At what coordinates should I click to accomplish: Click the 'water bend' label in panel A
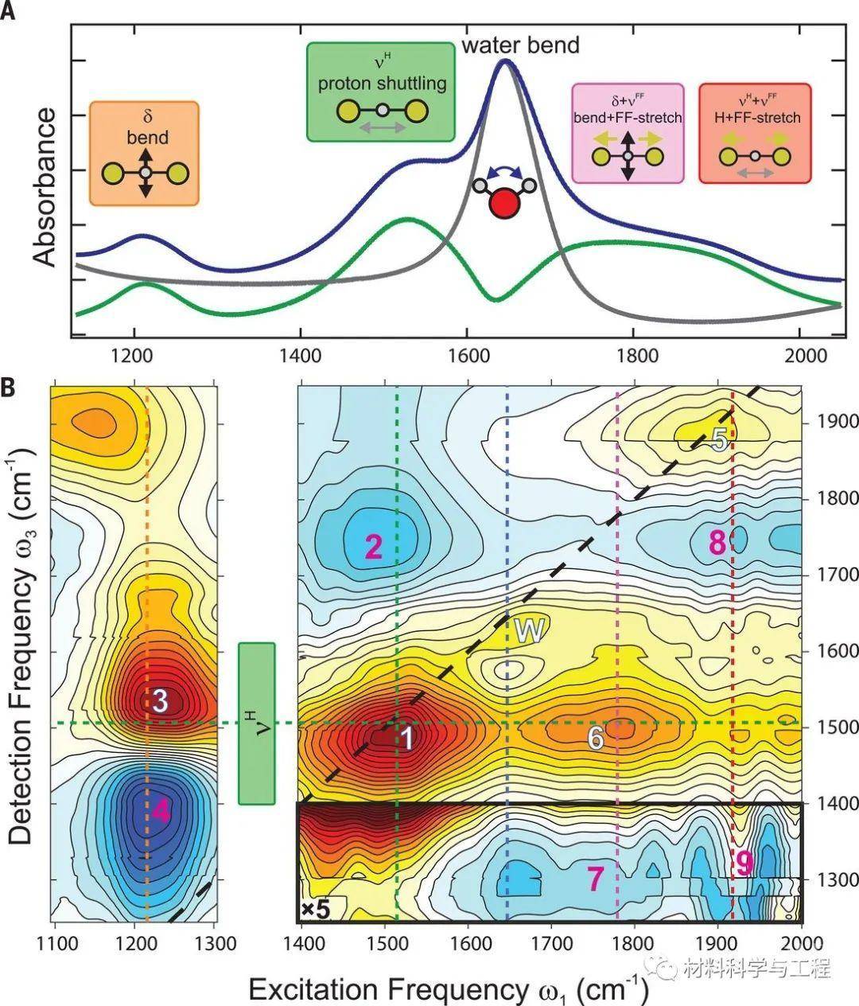[x=521, y=45]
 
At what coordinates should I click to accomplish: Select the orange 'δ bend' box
[x=144, y=154]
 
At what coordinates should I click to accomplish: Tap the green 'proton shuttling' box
[x=381, y=92]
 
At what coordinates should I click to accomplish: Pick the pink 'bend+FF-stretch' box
[x=628, y=134]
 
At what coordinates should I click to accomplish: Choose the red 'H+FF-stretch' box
[x=755, y=134]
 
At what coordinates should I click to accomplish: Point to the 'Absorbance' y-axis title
[x=45, y=186]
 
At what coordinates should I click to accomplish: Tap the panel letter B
[x=10, y=387]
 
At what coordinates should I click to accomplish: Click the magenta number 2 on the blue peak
[x=374, y=546]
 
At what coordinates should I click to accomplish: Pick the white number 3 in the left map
[x=160, y=700]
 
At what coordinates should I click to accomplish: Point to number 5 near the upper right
[x=719, y=439]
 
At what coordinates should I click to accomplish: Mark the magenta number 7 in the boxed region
[x=596, y=877]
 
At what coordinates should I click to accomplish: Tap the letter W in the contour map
[x=528, y=630]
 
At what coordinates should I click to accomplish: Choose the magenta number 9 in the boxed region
[x=744, y=864]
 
